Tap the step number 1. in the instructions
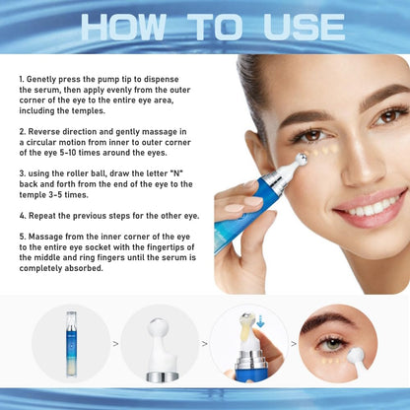pyautogui.click(x=22, y=76)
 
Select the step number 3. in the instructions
pyautogui.click(x=22, y=173)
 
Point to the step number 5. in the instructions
pyautogui.click(x=22, y=237)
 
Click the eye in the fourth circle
pyautogui.click(x=333, y=342)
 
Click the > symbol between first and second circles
pyautogui.click(x=116, y=344)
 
